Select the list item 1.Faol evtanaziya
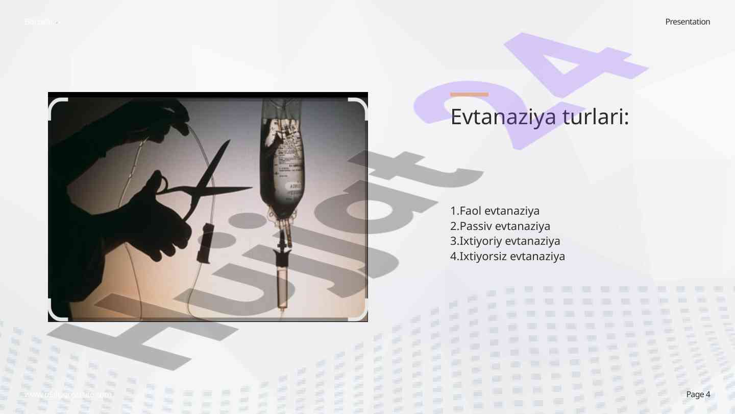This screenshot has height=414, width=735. click(495, 211)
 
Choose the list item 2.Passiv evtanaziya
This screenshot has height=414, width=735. click(500, 226)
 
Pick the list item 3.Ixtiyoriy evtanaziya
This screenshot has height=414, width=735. click(505, 241)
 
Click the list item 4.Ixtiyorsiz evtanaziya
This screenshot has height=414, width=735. click(507, 256)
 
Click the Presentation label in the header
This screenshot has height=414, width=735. click(688, 21)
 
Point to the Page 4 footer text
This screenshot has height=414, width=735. click(698, 394)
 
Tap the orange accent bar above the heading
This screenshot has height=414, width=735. click(469, 95)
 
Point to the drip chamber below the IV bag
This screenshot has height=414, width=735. click(282, 281)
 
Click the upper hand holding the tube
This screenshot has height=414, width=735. click(163, 115)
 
